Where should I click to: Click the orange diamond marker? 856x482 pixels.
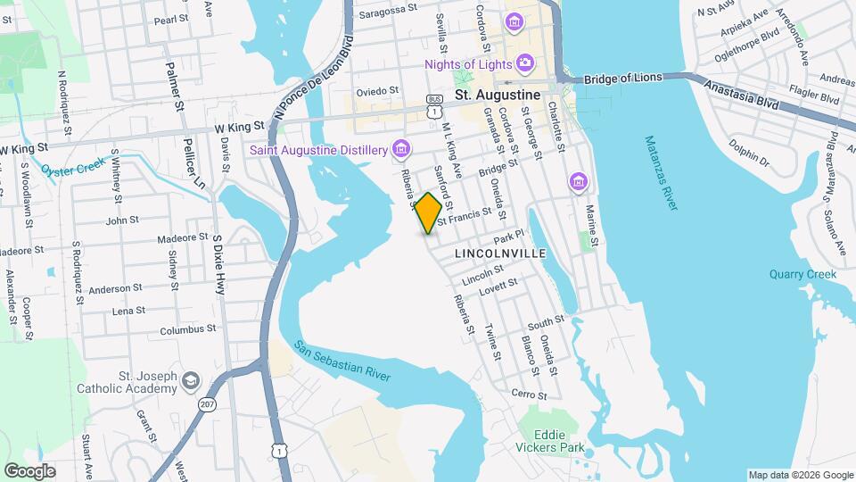[x=429, y=213]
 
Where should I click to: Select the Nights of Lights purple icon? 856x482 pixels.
[x=525, y=63]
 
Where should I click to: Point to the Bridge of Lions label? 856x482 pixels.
[x=623, y=78]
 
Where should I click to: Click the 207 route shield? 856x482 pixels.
[x=207, y=405]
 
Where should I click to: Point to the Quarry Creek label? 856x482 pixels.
[x=802, y=275]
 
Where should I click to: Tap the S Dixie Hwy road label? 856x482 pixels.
[x=218, y=264]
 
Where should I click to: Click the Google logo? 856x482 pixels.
[x=29, y=470]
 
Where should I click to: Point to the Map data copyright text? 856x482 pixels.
[x=799, y=475]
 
